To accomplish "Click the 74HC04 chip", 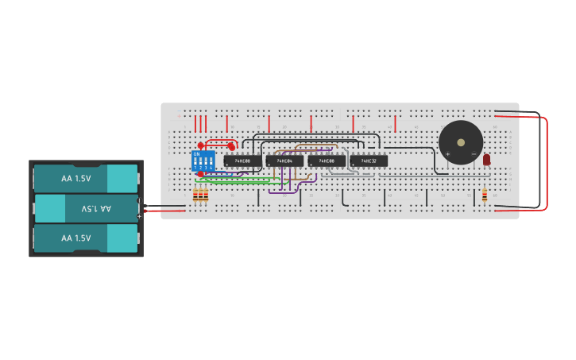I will tap(284, 161).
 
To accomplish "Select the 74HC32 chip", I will tap(369, 161).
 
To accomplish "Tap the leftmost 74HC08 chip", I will tap(242, 161).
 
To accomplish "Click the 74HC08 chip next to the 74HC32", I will tap(327, 161).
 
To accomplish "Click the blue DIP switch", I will tap(203, 161).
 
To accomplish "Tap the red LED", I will tap(487, 160).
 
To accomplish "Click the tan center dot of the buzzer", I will tap(461, 142).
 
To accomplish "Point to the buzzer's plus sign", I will tap(448, 154).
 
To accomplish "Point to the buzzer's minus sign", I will tap(474, 154).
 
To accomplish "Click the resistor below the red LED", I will tap(485, 195).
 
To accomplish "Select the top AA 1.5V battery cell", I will tap(86, 179).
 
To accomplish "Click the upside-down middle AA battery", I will tap(86, 208).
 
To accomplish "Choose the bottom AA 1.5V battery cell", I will tap(86, 238).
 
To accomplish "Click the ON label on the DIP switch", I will tap(197, 154).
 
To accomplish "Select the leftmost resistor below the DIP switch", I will tap(196, 195).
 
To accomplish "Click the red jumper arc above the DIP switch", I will tap(216, 142).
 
